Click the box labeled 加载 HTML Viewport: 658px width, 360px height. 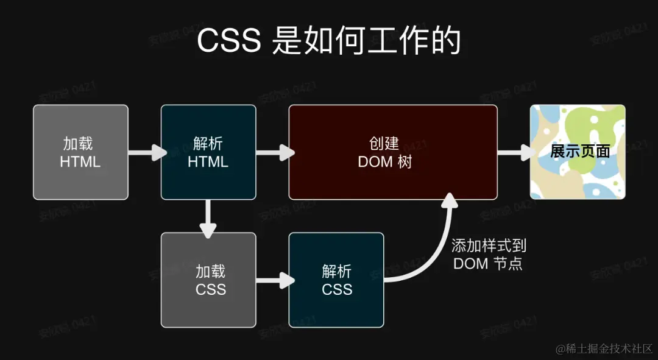click(x=80, y=152)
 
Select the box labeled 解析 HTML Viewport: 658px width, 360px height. click(x=208, y=152)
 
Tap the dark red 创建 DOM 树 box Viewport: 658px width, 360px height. click(x=393, y=152)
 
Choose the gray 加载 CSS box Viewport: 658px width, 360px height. click(x=208, y=280)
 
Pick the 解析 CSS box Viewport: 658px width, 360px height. click(x=336, y=280)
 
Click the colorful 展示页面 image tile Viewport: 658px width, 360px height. click(x=578, y=152)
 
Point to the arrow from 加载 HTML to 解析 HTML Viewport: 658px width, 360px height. click(x=147, y=152)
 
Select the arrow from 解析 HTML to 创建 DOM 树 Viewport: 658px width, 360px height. click(x=275, y=152)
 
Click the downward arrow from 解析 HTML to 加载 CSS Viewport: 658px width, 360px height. click(x=208, y=218)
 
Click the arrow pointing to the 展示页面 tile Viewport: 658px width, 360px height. click(x=515, y=152)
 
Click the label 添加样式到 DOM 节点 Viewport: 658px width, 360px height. click(x=489, y=255)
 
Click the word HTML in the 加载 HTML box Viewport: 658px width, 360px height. click(x=80, y=162)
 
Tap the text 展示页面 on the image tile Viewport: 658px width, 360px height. click(x=580, y=151)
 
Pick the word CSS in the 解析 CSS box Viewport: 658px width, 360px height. click(x=337, y=289)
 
